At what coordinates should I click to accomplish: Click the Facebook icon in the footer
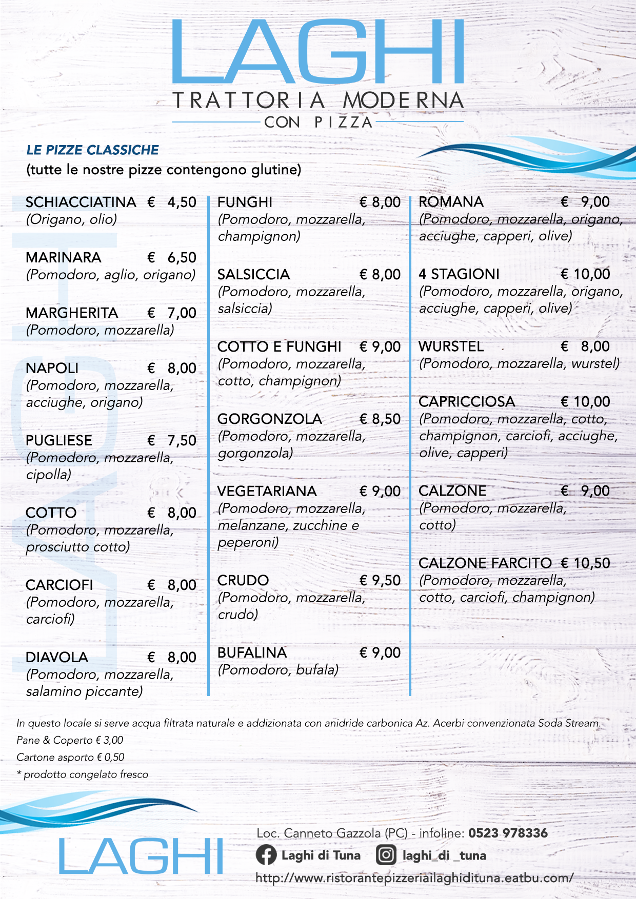coord(266,855)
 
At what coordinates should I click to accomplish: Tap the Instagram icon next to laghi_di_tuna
coord(386,855)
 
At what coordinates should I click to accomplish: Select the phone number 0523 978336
coord(508,833)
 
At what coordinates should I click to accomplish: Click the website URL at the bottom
coord(414,877)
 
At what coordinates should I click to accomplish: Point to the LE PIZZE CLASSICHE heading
coord(93,150)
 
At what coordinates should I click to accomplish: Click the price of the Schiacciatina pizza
coord(172,202)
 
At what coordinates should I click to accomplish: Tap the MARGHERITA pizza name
coord(72,313)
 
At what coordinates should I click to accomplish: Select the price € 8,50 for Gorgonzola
coord(380,419)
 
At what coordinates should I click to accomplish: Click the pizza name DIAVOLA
coord(57,657)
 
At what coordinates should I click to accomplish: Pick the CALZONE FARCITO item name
coord(485,563)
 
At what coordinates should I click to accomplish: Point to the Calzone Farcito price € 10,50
coord(585,563)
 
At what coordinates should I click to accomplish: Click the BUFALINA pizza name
coord(252,652)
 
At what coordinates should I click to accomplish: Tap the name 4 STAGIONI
coord(459,274)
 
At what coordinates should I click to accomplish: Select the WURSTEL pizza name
coord(451,346)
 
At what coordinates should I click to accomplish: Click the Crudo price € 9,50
coord(380,580)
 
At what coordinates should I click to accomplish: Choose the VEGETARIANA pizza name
coord(267,491)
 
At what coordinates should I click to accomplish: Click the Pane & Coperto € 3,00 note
coord(70,740)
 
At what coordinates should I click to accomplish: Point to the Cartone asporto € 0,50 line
coord(70,757)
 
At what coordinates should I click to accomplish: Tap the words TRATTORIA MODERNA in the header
coord(318,100)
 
